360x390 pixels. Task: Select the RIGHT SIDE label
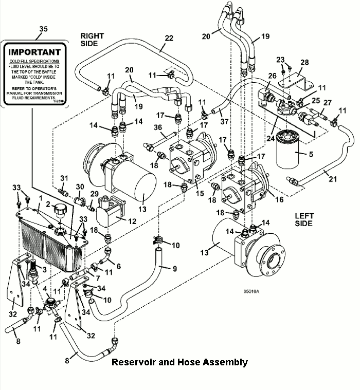point(92,40)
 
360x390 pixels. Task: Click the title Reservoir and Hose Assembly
point(179,362)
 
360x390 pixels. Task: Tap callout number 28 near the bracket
point(304,62)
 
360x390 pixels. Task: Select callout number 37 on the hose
point(224,122)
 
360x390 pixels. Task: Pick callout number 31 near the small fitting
point(64,178)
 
